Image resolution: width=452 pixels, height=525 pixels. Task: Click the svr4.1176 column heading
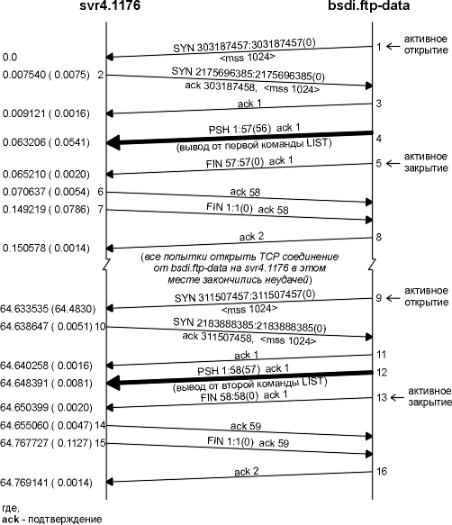coord(110,5)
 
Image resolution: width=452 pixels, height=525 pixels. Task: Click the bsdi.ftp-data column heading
coord(368,5)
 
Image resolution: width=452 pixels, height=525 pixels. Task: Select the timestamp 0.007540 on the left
coord(23,75)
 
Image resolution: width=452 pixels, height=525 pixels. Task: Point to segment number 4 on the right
coord(379,139)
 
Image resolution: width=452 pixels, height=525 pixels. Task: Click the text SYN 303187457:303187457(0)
coord(244,46)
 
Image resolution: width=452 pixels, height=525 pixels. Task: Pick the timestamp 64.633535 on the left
coord(24,309)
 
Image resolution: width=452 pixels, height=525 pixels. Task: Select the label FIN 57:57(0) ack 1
coord(249,162)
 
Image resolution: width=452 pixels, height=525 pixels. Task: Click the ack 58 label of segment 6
coord(245,192)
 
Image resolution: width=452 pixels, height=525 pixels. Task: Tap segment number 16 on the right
coord(382,472)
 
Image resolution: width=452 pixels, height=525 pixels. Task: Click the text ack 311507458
coord(217,337)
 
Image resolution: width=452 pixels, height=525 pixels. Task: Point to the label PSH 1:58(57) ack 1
coord(243,370)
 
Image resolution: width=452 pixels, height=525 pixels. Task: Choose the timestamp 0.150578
coord(23,249)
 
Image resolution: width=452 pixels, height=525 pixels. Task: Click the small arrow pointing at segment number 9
coord(393,298)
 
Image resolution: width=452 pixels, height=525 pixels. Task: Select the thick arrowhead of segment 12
coord(113,383)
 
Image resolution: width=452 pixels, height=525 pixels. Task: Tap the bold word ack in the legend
coord(11,520)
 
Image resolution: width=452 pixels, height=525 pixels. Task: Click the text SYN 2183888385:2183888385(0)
coord(249,325)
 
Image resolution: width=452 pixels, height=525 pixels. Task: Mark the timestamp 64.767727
coord(24,443)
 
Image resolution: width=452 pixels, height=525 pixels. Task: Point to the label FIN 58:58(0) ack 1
coord(244,396)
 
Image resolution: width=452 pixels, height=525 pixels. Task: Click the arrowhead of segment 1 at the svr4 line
coord(110,57)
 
